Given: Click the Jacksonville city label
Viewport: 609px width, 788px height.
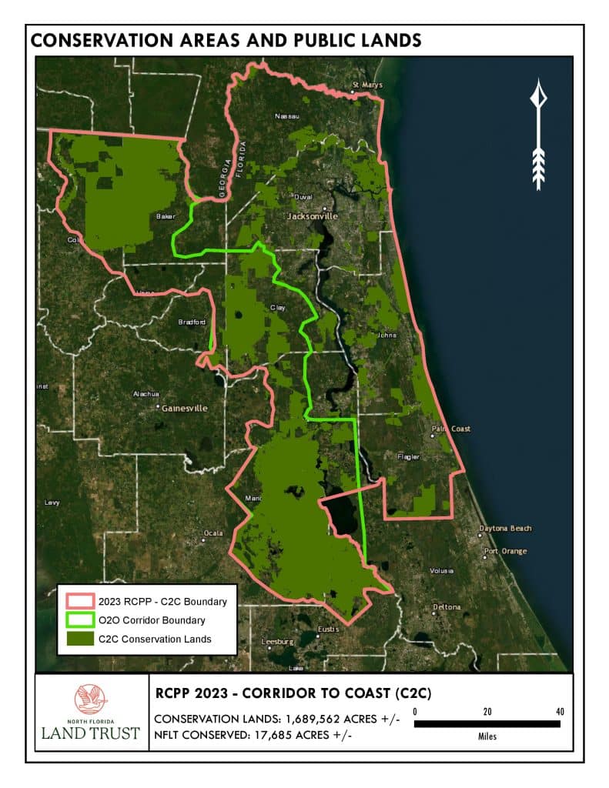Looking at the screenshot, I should coord(313,216).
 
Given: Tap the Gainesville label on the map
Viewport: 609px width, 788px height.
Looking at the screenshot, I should coord(184,408).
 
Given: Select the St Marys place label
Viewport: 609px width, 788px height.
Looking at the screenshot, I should coord(366,85).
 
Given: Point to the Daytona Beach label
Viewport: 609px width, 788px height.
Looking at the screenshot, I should coord(505,529).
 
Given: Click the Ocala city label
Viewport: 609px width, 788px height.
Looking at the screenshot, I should coord(212,533).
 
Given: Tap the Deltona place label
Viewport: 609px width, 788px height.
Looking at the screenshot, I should coord(447,606).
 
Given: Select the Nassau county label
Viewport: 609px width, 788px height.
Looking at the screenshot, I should coord(286,116).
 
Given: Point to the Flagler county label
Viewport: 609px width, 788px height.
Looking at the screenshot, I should coord(408,457).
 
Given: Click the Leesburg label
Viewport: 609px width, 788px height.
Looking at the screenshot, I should coord(279,641).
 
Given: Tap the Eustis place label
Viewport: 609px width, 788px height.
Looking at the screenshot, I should coord(328,629).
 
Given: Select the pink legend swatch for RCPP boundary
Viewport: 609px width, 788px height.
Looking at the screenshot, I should coord(78,601).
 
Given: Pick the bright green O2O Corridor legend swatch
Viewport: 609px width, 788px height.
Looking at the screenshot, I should coord(78,619).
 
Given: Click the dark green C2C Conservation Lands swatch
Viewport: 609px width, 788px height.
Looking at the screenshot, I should coord(78,638).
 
